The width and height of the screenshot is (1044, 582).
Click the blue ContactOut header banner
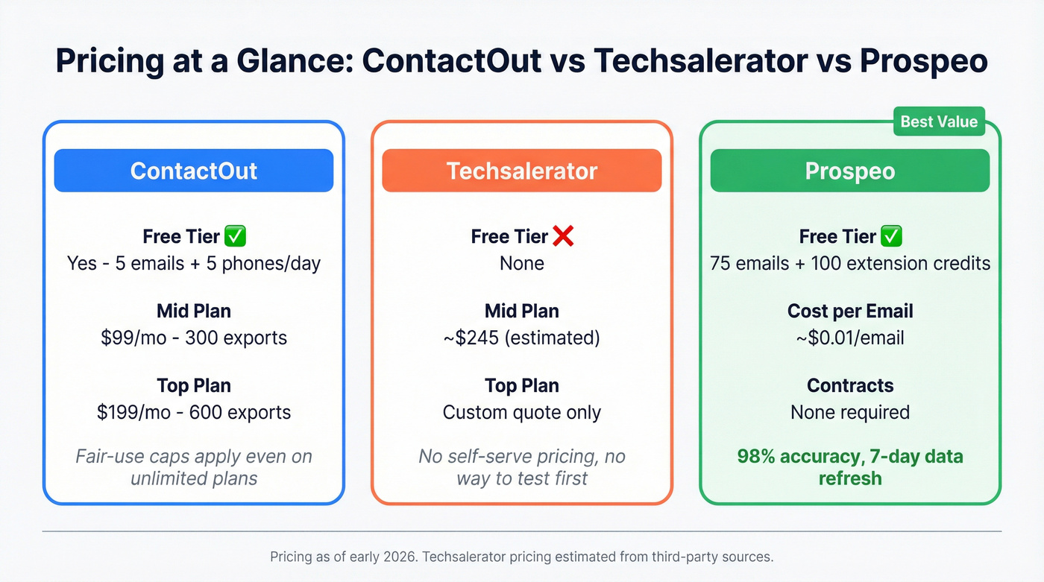pos(194,171)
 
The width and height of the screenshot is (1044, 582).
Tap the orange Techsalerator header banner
pos(522,171)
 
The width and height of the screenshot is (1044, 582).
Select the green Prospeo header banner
pos(850,171)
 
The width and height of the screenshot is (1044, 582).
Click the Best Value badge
pos(939,121)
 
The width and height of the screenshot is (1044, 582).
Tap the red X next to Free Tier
pos(564,237)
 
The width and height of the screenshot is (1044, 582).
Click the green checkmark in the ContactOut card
pos(236,237)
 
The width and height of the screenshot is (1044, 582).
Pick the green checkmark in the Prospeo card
pos(892,237)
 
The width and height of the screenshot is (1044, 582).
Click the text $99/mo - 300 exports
pos(194,338)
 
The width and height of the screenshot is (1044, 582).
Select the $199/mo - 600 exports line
pos(194,412)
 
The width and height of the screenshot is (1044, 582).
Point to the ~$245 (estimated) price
pos(522,338)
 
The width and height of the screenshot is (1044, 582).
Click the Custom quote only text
pos(522,412)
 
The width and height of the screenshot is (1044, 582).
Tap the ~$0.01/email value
pos(850,338)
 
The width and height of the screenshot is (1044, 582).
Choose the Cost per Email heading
pos(850,311)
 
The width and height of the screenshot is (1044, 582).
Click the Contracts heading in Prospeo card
pos(850,385)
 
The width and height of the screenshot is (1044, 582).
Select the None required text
pos(850,412)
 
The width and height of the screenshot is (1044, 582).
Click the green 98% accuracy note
pos(850,466)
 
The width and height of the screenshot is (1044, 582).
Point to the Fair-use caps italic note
pos(194,466)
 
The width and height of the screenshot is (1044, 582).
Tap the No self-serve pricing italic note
pos(522,466)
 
